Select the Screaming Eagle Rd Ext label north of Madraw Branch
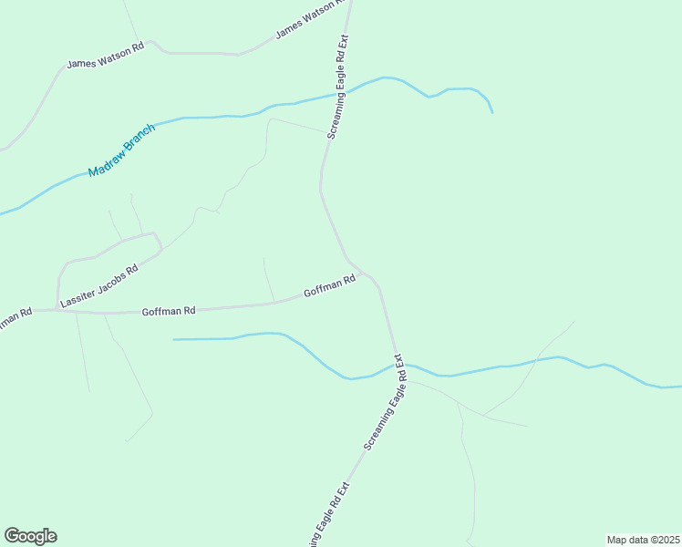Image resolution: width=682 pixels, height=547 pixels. coord(338,87)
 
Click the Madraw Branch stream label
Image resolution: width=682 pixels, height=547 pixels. coord(122,150)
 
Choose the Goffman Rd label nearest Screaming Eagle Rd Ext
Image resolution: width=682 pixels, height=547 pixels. coord(329,287)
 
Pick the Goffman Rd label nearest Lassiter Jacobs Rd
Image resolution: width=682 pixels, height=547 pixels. coord(169,311)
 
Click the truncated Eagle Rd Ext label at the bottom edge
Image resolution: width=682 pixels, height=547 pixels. coord(328,515)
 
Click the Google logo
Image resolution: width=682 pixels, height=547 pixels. coord(30,536)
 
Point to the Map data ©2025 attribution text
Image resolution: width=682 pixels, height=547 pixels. coord(643,540)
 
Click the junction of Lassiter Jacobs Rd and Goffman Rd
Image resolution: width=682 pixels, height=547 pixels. coord(58,310)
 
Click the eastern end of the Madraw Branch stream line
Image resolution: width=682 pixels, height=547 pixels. coord(492,112)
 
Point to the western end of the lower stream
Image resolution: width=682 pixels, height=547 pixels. coord(174,339)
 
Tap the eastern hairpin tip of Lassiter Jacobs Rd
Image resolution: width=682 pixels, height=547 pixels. coord(161,246)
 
